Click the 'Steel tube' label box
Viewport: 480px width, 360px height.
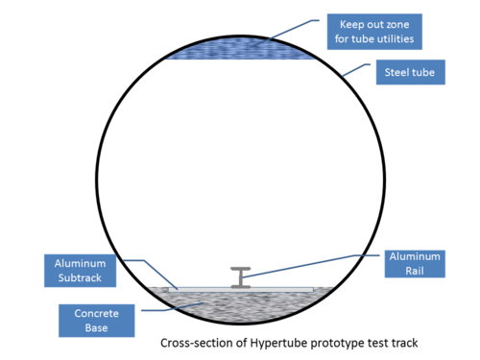[x=411, y=72]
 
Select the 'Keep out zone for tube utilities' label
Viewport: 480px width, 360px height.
[x=374, y=32]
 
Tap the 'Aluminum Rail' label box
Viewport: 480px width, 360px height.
[x=415, y=264]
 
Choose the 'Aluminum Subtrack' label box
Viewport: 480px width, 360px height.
[x=80, y=271]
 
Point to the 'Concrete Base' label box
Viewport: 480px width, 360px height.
[x=97, y=321]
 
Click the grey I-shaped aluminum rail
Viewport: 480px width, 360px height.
[x=241, y=277]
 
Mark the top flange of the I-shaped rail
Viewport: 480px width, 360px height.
[x=241, y=269]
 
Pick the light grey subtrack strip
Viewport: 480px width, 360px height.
[x=241, y=290]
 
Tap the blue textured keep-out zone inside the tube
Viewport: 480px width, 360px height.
[x=241, y=49]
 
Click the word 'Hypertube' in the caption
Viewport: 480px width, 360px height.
[x=279, y=343]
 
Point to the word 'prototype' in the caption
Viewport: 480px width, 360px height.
[x=338, y=344]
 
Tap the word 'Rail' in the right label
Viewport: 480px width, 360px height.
[x=415, y=271]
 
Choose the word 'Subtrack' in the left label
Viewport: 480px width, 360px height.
[x=80, y=277]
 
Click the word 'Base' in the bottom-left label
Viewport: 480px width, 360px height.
[x=96, y=327]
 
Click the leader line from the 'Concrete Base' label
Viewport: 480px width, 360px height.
[x=173, y=307]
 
